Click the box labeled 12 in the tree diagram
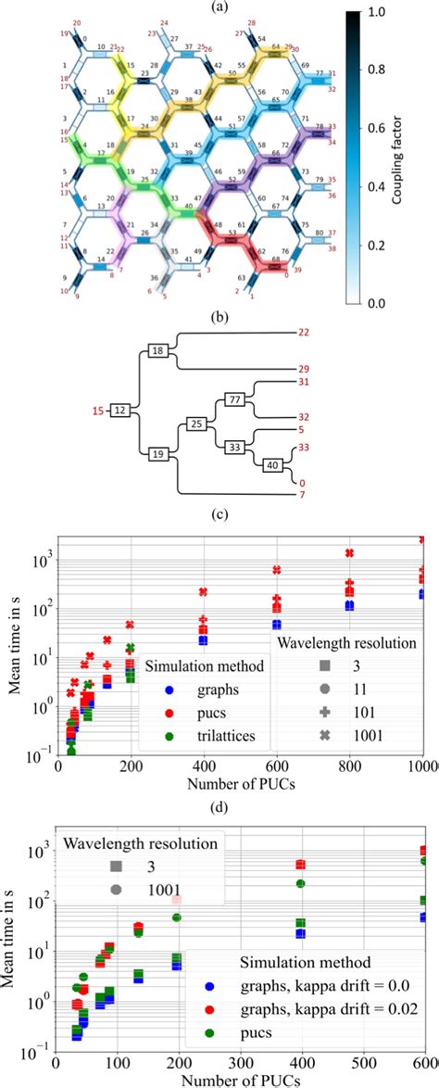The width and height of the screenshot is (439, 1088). coord(120,409)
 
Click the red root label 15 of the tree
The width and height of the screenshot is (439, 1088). coord(96,409)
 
